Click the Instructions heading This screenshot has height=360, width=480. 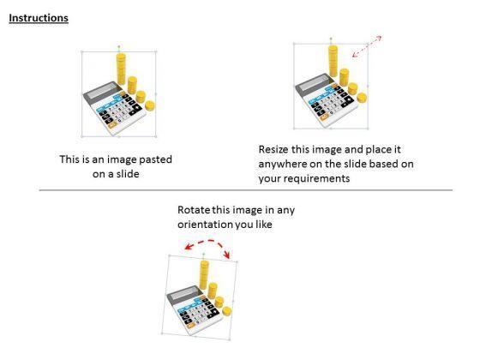click(39, 18)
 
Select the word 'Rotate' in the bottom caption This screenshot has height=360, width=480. click(195, 210)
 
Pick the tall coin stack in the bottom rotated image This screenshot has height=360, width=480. click(206, 279)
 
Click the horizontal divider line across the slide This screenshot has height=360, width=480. click(240, 191)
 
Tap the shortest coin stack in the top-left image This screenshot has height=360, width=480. click(150, 105)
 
